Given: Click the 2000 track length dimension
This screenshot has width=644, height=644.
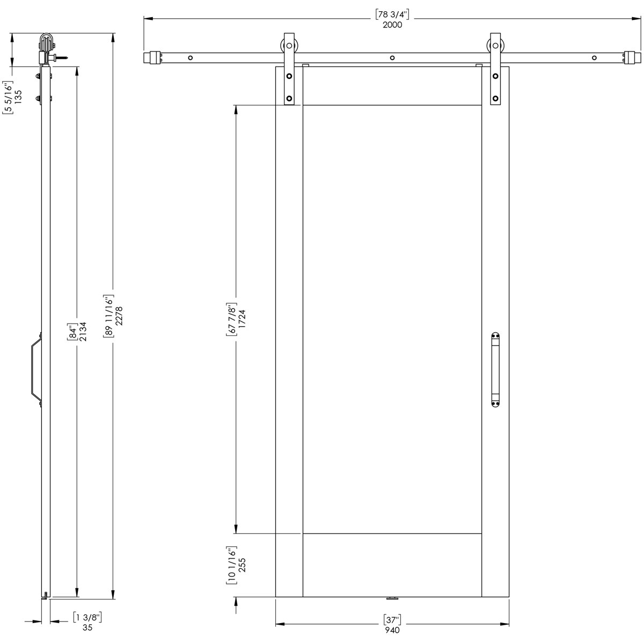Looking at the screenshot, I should point(393,25).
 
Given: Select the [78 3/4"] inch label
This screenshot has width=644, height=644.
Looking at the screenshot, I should point(393,15).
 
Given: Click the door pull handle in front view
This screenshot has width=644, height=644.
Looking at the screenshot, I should point(495,370).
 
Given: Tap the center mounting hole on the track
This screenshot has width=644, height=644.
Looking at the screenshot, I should point(392,57).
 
